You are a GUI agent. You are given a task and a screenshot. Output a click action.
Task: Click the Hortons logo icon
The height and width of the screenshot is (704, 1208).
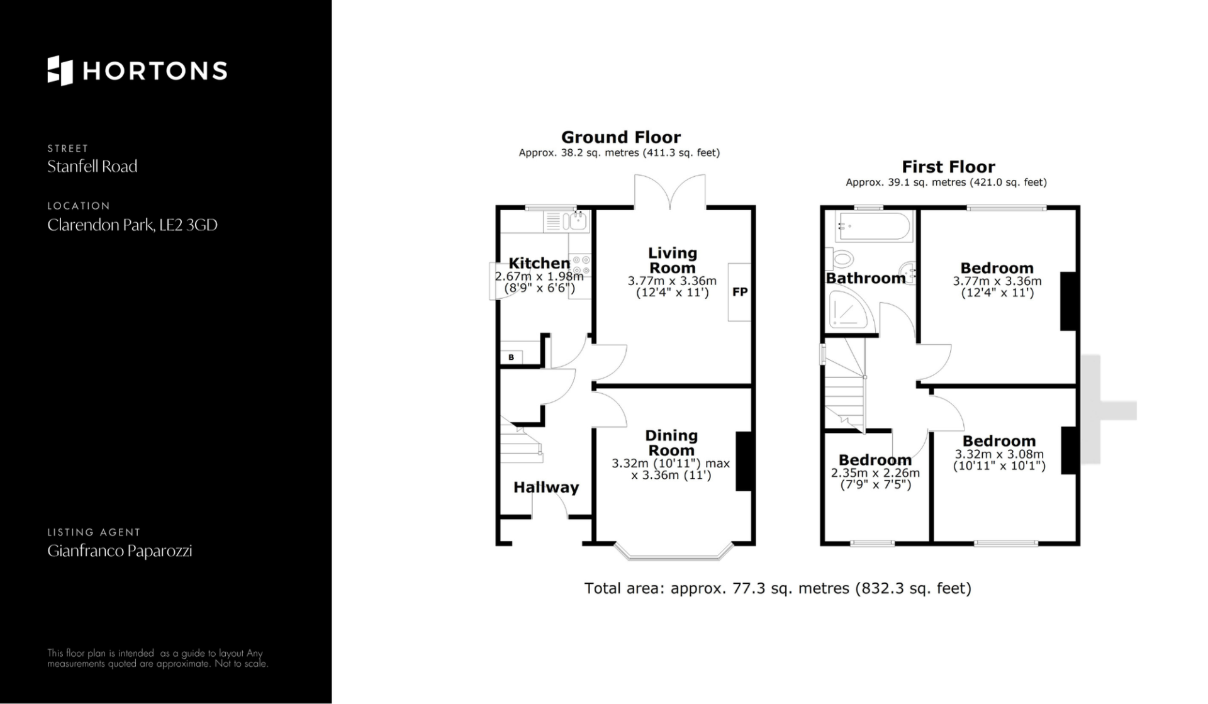[x=60, y=70]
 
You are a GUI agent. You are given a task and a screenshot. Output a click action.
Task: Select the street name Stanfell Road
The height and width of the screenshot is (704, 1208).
[x=92, y=167]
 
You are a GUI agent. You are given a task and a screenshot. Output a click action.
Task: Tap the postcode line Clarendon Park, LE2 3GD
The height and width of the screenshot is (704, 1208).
[x=132, y=225]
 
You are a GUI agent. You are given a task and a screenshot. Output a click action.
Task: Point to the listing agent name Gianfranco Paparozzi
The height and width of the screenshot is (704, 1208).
[x=120, y=551]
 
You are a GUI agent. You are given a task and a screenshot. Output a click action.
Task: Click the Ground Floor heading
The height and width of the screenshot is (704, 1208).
[x=621, y=137]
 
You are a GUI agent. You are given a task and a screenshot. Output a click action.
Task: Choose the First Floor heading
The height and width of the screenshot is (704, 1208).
[x=948, y=167]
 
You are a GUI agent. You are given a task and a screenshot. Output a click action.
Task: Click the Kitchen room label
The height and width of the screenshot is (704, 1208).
[x=539, y=263]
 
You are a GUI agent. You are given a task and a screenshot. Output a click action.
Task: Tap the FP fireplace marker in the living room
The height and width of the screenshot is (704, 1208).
[x=740, y=292]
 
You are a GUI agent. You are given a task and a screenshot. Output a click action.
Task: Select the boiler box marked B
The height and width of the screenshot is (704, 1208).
[x=512, y=357]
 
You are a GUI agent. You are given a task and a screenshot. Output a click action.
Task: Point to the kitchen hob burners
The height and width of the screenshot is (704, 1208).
[x=582, y=265]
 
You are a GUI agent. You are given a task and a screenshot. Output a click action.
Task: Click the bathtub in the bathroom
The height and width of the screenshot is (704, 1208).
[x=873, y=226]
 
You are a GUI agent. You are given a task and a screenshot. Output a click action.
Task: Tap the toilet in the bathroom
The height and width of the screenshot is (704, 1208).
[x=841, y=258]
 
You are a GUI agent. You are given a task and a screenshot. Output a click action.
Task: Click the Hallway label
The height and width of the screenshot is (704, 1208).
[x=546, y=487]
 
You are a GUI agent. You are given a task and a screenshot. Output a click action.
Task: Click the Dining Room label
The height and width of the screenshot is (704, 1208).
[x=671, y=443]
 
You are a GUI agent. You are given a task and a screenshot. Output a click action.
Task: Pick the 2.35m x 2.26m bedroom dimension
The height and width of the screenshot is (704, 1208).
[x=875, y=473]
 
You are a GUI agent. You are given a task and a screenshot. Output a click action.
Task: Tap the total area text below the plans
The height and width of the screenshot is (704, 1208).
[x=778, y=588]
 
